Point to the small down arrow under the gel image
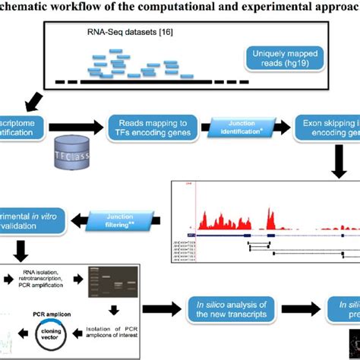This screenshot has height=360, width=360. coord(113,309)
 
